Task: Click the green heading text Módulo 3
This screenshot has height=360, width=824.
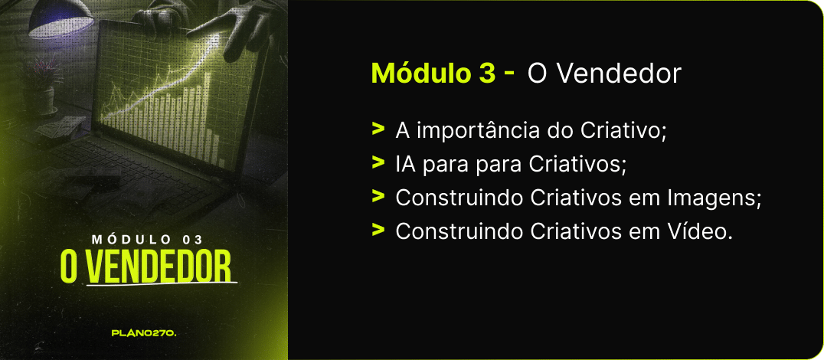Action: tap(433, 74)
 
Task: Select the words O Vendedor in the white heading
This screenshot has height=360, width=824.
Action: tap(604, 74)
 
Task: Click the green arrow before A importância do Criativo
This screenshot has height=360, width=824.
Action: tap(378, 129)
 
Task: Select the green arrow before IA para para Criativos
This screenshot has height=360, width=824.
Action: tap(378, 163)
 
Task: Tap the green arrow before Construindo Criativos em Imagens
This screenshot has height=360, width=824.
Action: tap(378, 197)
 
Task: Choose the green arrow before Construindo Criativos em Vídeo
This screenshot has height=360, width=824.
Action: tap(378, 230)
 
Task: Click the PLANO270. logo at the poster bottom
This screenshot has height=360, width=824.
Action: tap(144, 333)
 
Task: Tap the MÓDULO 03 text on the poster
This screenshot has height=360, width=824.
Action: tap(147, 240)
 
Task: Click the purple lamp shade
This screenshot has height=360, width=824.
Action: tap(60, 18)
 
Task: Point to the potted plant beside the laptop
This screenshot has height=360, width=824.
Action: tap(43, 84)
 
